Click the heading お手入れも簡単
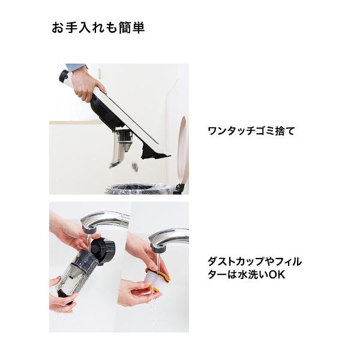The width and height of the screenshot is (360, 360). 98,28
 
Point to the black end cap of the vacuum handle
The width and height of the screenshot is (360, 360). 63,76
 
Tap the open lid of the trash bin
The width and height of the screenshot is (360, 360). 182,150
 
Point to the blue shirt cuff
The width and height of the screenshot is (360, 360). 75,67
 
